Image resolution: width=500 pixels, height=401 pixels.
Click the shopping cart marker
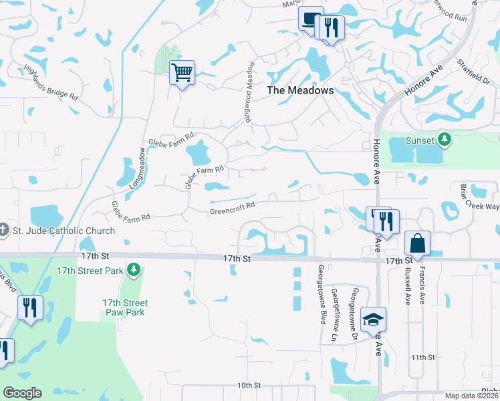coord(182,72)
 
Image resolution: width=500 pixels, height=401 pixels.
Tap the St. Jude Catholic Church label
coord(64,231)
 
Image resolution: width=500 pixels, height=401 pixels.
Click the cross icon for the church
coord(4,231)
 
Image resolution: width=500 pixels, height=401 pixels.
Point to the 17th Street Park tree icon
coord(135,269)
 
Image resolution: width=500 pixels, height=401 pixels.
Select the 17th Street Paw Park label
coord(125,307)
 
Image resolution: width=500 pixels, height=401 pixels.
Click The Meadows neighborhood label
coord(300,90)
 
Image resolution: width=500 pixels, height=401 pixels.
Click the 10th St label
coord(248,386)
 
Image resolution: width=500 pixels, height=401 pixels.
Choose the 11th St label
coord(423,358)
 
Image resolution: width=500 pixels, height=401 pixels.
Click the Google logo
coord(22,393)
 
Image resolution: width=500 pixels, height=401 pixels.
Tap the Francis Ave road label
coord(422,286)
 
